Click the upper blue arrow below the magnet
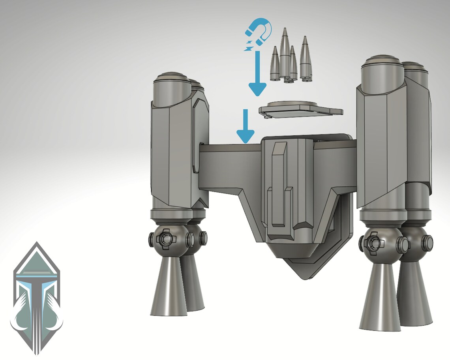pyautogui.click(x=257, y=75)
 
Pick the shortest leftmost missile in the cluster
pyautogui.click(x=275, y=63)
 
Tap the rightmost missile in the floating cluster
pyautogui.click(x=305, y=57)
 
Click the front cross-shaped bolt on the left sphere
pyautogui.click(x=163, y=239)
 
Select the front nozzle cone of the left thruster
pyautogui.click(x=168, y=288)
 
